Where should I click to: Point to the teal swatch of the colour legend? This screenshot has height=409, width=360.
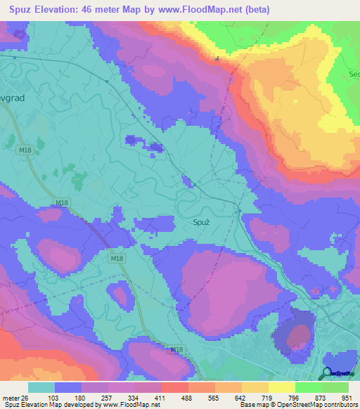(41, 387)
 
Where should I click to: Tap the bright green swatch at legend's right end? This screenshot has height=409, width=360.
(335, 387)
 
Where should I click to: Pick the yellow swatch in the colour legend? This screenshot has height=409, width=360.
(255, 387)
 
